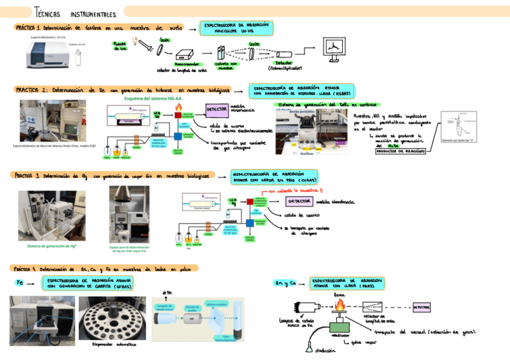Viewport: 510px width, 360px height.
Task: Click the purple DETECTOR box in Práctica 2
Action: tap(216, 109)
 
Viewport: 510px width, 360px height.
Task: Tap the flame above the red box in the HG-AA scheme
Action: tap(179, 108)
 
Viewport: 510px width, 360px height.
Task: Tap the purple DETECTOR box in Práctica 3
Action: tap(299, 201)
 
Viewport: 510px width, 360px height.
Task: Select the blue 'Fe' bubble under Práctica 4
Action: tap(20, 282)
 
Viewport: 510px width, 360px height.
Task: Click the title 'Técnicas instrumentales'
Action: tap(75, 13)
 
